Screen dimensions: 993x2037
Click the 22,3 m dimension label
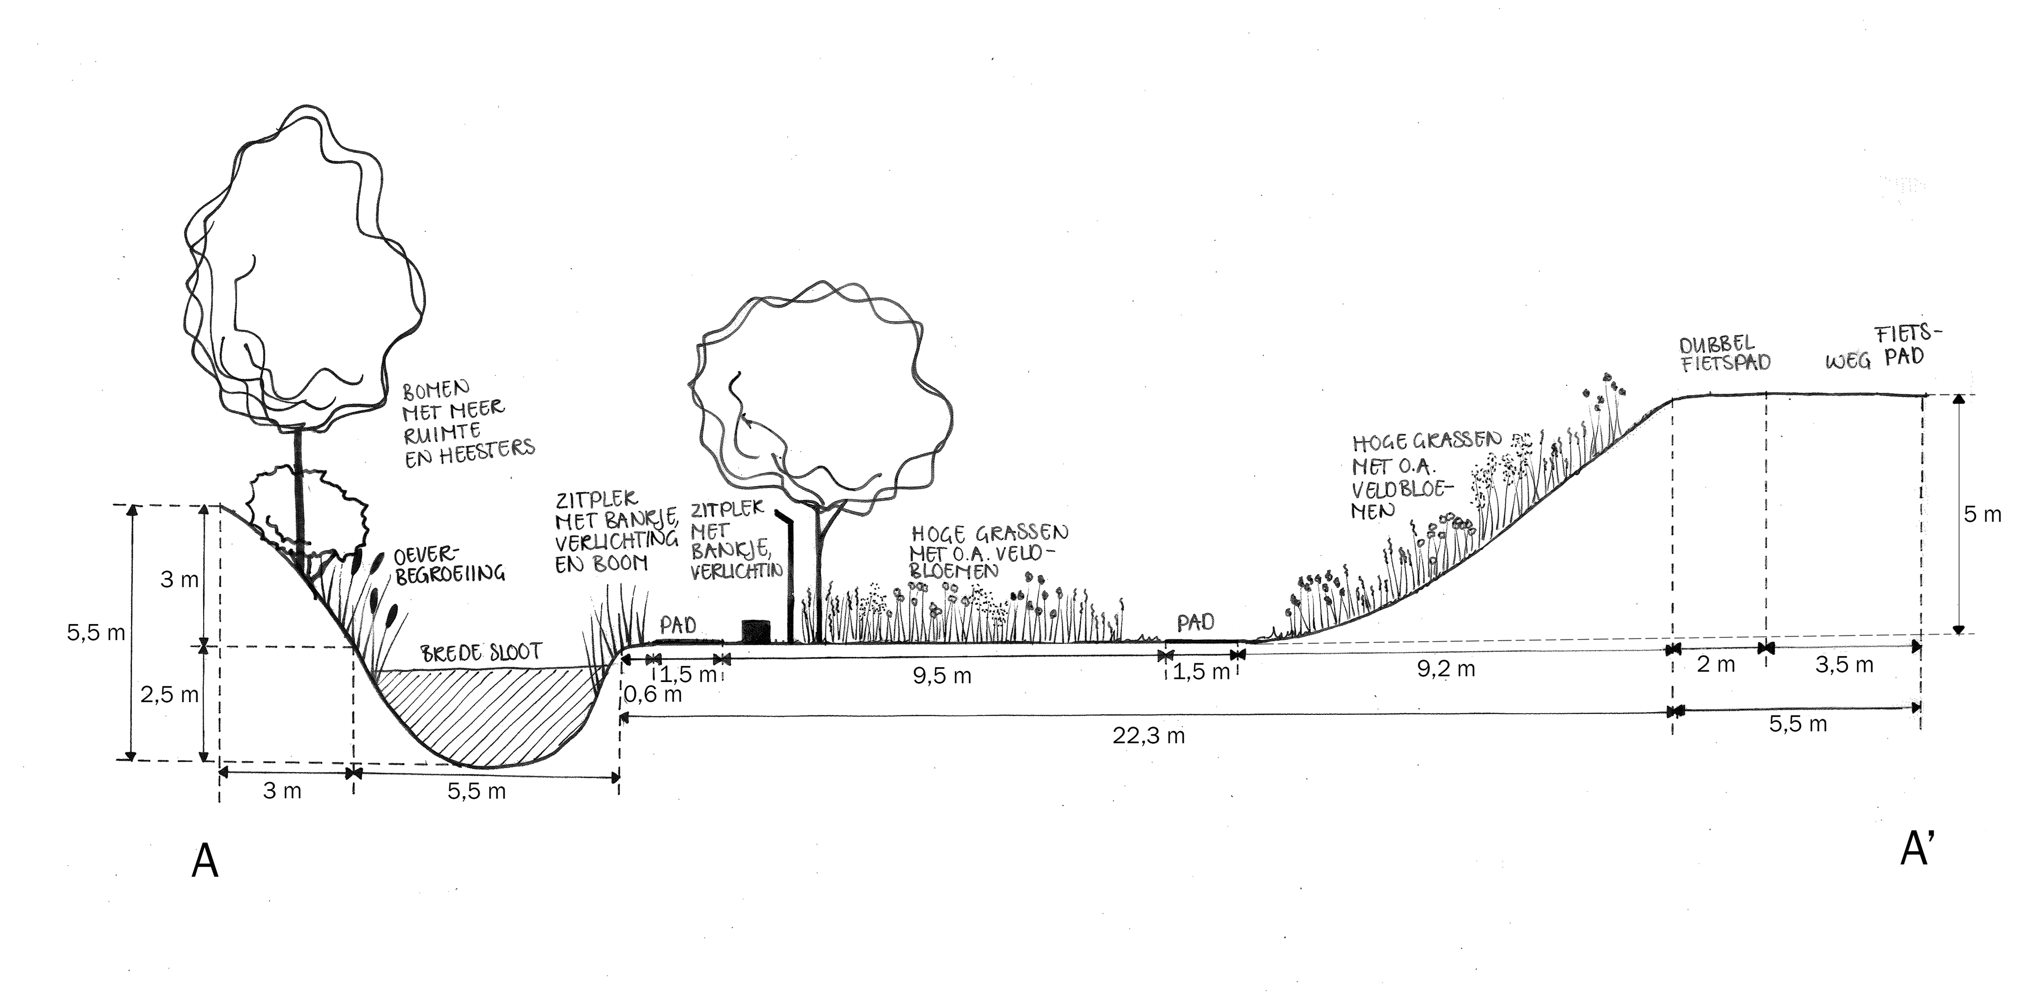point(1148,736)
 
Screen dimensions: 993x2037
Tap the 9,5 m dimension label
point(941,677)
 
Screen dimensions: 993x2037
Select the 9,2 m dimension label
point(1446,669)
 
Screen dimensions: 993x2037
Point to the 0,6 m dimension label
point(652,695)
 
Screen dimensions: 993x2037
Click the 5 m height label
point(1982,514)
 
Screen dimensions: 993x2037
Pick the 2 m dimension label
point(1716,664)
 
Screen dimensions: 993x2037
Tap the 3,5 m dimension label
point(1844,664)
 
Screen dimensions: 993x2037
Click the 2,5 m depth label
point(169,695)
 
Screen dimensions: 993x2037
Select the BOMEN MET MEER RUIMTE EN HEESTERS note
point(467,424)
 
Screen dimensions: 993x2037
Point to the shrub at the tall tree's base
point(308,511)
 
